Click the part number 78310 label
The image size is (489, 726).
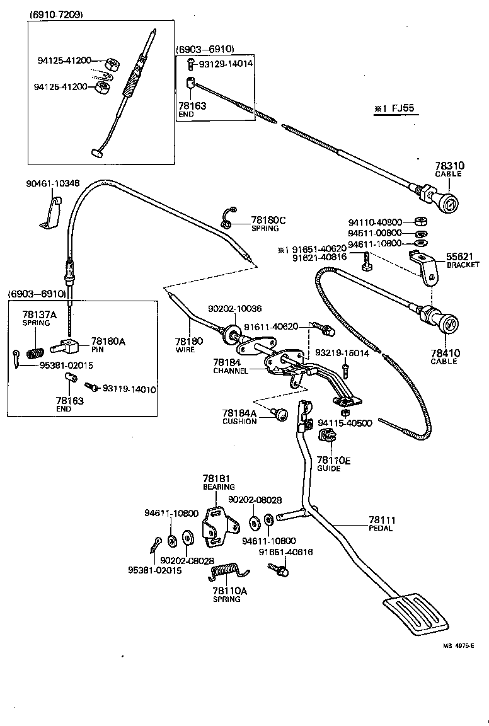click(448, 166)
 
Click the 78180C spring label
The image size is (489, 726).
click(268, 220)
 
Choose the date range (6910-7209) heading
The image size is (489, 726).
click(56, 14)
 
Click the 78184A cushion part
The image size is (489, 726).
click(280, 413)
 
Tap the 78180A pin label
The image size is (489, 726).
click(108, 341)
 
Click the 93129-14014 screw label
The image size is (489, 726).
click(226, 64)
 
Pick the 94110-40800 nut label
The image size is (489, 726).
click(375, 222)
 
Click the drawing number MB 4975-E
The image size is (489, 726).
click(457, 645)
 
